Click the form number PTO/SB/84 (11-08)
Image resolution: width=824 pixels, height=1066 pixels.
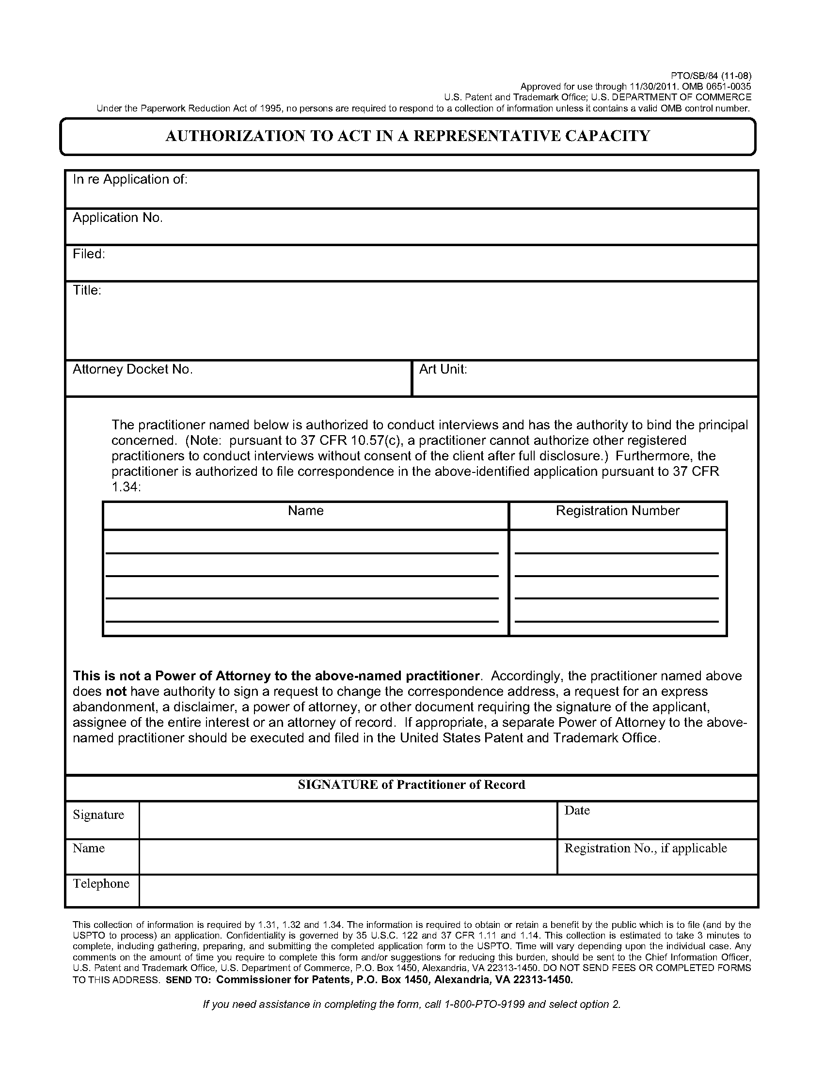pyautogui.click(x=713, y=76)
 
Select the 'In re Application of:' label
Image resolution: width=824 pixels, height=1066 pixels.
pyautogui.click(x=130, y=180)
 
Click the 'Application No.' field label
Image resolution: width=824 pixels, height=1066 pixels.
pyautogui.click(x=118, y=218)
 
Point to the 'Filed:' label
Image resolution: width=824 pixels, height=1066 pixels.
pyautogui.click(x=89, y=254)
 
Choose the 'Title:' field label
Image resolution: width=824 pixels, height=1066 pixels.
pyautogui.click(x=87, y=290)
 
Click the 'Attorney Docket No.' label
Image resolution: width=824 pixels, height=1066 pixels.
pyautogui.click(x=132, y=370)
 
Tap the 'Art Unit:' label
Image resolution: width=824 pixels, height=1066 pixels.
pyautogui.click(x=443, y=370)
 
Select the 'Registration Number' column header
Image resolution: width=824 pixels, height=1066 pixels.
pyautogui.click(x=618, y=511)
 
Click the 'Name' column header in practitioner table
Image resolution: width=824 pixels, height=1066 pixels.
pyautogui.click(x=305, y=511)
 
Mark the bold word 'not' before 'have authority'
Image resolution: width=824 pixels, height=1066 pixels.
pyautogui.click(x=116, y=691)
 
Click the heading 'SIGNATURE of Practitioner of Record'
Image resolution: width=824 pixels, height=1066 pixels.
pyautogui.click(x=412, y=785)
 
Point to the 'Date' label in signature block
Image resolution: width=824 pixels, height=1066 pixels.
pyautogui.click(x=577, y=811)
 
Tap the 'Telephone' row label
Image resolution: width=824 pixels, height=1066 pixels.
pyautogui.click(x=101, y=883)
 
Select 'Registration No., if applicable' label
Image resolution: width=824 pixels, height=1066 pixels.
pyautogui.click(x=645, y=848)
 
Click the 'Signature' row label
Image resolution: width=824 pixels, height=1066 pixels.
pyautogui.click(x=98, y=815)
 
